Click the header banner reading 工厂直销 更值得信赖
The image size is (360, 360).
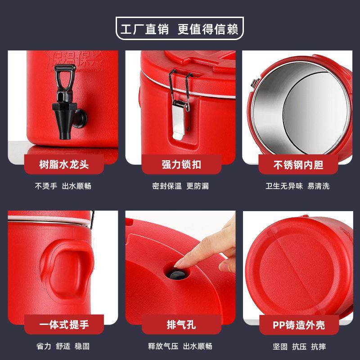(x=180, y=29)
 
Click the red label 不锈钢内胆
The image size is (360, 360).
(x=298, y=165)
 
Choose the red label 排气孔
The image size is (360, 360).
(x=180, y=324)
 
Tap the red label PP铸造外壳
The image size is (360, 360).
(x=298, y=324)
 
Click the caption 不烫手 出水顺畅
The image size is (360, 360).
(x=63, y=186)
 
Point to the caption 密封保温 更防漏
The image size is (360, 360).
(x=180, y=186)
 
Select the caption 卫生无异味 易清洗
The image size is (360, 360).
(x=297, y=186)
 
